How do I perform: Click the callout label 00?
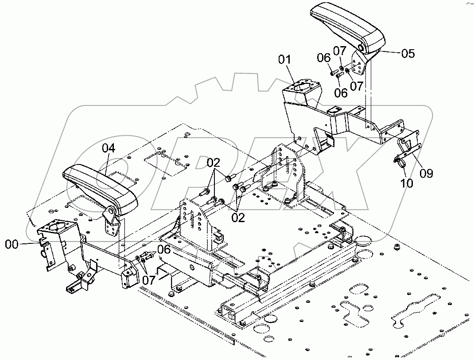12,243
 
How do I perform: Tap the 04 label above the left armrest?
109,148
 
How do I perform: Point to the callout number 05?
408,54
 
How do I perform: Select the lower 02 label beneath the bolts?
238,218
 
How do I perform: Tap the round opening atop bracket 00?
56,228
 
